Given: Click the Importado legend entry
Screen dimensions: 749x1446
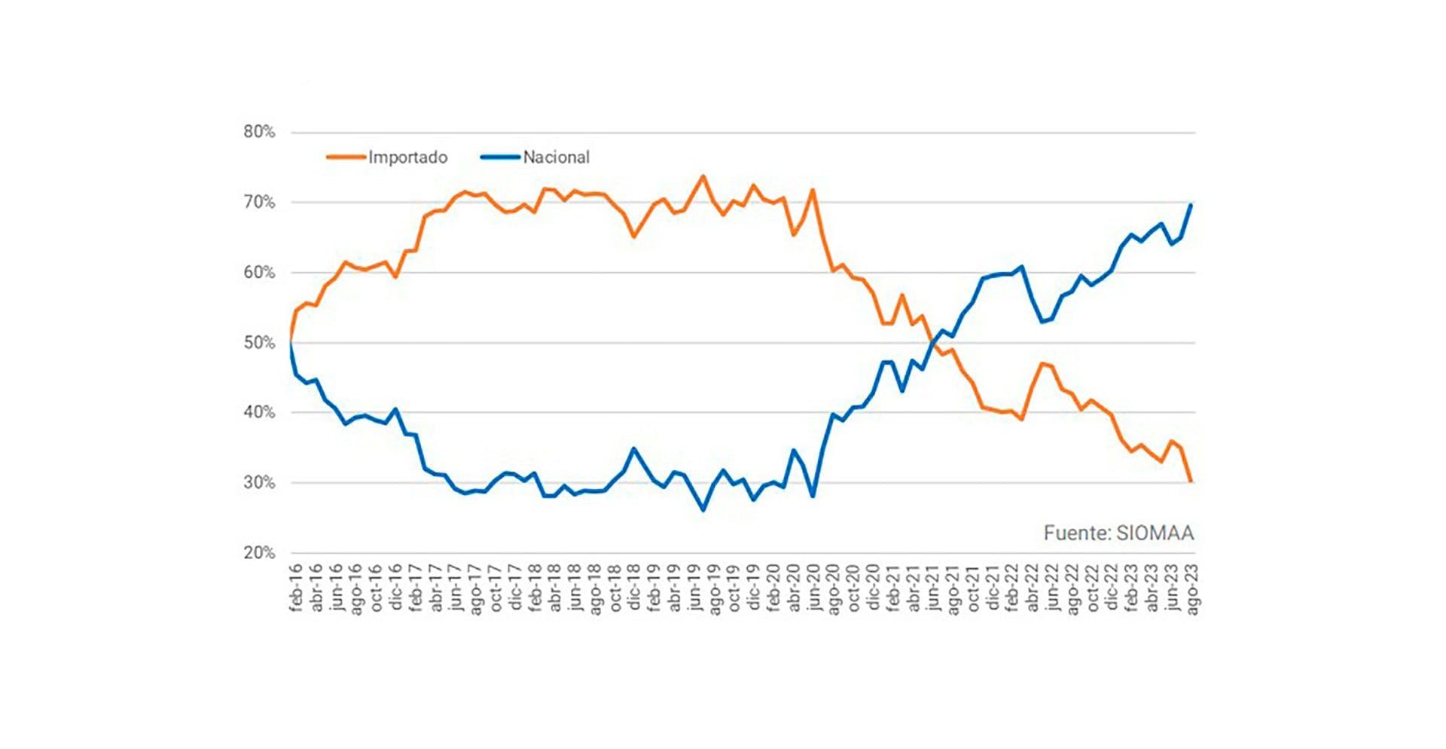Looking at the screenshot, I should (x=407, y=157).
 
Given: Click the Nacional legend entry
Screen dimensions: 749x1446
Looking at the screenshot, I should (x=556, y=157).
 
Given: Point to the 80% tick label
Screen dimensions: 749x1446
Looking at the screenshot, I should (x=259, y=132).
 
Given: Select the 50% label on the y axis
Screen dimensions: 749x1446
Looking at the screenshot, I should (x=259, y=343).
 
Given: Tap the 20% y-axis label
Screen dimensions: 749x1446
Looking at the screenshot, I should (x=259, y=553).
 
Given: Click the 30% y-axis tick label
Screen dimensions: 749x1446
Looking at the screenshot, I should (x=259, y=483).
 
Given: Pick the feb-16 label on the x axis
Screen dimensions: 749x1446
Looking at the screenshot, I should (x=295, y=587).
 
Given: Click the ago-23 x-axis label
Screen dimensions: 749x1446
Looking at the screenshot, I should (x=1192, y=587).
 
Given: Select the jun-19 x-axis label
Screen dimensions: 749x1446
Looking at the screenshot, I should (x=694, y=587).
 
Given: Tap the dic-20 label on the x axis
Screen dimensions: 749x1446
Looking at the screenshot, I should (x=874, y=587).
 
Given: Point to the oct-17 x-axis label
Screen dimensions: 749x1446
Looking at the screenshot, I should (x=495, y=587).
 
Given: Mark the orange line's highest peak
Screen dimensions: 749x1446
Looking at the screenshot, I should (x=703, y=176).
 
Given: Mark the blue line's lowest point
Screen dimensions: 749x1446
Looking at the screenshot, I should (x=703, y=510).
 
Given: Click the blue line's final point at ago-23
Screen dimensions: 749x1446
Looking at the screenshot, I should (x=1191, y=205).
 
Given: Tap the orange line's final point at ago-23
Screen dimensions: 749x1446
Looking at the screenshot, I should (x=1191, y=481).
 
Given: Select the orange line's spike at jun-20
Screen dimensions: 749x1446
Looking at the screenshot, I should (x=813, y=190).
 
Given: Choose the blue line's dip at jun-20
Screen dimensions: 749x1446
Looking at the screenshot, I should (x=813, y=496).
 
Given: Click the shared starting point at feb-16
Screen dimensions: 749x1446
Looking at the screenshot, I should (x=291, y=343).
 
